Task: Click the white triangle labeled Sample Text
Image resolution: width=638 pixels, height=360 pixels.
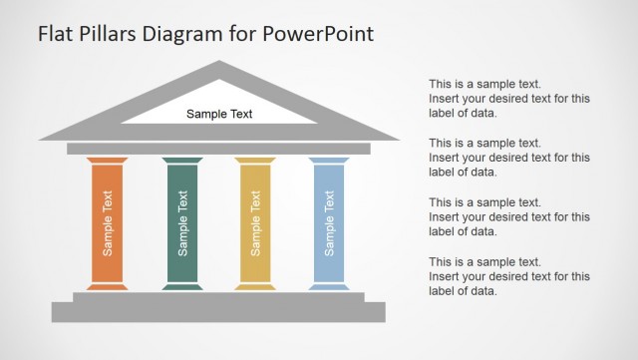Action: pos(219,113)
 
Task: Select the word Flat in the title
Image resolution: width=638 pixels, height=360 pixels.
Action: pos(54,33)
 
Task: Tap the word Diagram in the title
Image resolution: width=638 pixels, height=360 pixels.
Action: pos(181,33)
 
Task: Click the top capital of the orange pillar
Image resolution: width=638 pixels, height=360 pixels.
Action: pos(107,160)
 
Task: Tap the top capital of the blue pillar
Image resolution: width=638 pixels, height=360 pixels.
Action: pos(328,160)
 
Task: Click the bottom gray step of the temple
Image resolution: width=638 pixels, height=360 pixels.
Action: pos(218,312)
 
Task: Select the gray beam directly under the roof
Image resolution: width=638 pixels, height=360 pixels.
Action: pos(218,149)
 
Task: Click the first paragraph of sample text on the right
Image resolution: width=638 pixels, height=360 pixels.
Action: pos(508,99)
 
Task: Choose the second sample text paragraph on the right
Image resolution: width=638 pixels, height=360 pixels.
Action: pos(508,157)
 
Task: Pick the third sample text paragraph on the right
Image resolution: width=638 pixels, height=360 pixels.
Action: pos(508,216)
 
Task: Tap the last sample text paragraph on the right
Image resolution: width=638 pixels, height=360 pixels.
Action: pos(508,276)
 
